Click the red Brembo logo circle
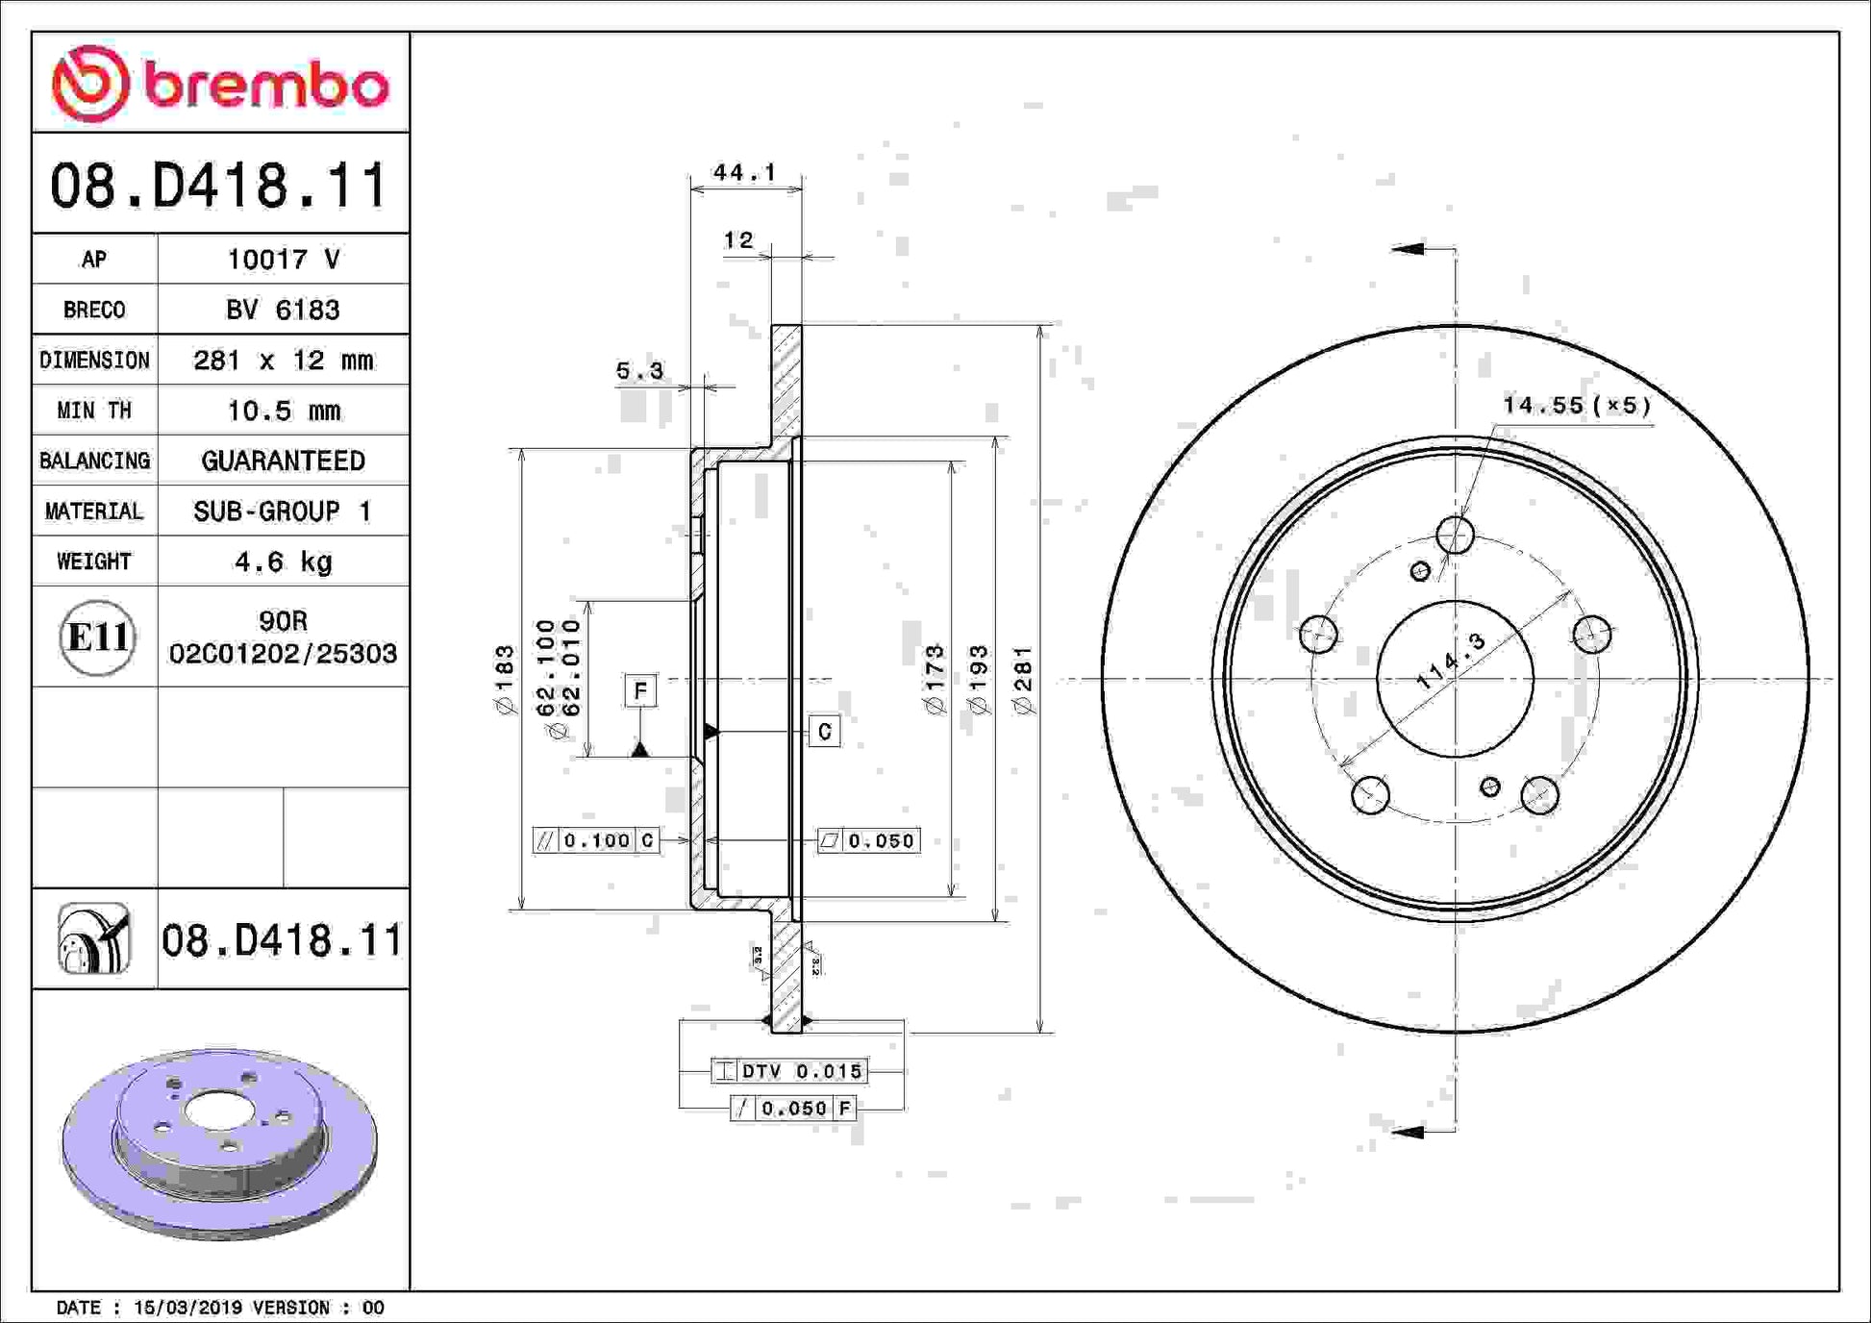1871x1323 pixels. pos(90,84)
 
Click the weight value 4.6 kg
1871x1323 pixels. pos(284,562)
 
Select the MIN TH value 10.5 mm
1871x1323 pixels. pos(284,411)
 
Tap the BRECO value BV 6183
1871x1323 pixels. pos(283,310)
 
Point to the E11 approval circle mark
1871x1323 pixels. pos(97,637)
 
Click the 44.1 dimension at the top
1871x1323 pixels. pos(744,172)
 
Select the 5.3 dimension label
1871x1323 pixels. pos(639,370)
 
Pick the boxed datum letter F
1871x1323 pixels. pos(641,691)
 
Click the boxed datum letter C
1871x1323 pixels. pos(824,732)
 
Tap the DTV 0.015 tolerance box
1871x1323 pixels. pos(789,1070)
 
